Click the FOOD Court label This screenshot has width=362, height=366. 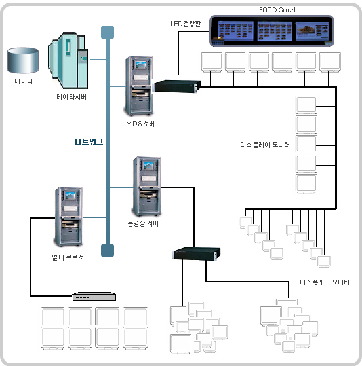[x=277, y=10]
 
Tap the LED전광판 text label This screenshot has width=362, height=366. [x=186, y=24]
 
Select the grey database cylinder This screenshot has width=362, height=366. [x=23, y=60]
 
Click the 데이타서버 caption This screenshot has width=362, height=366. [x=71, y=97]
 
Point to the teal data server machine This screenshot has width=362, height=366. [x=68, y=60]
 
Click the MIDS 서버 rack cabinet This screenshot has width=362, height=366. [x=138, y=86]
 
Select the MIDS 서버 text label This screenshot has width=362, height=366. [x=140, y=124]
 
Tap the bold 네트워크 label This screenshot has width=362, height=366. [x=89, y=141]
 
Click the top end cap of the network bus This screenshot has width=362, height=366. [x=108, y=32]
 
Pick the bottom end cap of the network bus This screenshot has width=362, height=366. [x=108, y=250]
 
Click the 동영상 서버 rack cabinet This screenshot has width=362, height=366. [x=147, y=186]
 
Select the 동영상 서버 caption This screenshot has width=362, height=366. [x=143, y=223]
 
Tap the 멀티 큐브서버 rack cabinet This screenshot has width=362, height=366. [x=68, y=217]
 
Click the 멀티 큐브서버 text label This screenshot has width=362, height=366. [x=71, y=257]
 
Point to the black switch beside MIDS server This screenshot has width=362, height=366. [x=177, y=86]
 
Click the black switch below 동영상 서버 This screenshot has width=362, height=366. [x=196, y=254]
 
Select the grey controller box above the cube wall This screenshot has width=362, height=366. [x=94, y=296]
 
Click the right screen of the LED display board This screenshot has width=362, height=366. [x=312, y=31]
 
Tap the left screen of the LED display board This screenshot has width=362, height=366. [x=235, y=31]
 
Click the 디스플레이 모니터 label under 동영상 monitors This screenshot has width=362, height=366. [x=325, y=282]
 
